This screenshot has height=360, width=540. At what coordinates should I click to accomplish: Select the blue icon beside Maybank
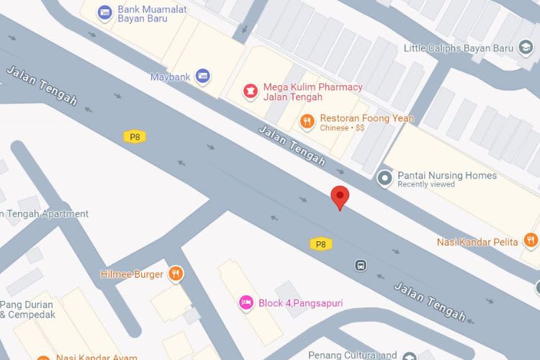tap(203, 76)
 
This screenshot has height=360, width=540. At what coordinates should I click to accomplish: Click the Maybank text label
tap(169, 76)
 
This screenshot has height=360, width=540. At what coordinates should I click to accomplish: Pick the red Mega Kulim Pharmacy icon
tap(251, 91)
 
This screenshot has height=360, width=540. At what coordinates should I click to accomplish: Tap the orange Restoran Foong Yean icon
tap(307, 122)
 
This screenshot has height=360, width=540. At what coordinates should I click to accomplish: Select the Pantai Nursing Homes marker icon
tap(385, 177)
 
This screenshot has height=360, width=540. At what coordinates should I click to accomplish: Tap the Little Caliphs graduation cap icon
tap(528, 48)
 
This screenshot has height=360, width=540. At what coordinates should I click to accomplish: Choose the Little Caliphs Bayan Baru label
tap(459, 48)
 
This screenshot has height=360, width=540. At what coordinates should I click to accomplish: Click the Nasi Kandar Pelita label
tap(477, 242)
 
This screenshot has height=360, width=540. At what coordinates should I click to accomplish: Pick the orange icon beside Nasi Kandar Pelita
tap(531, 240)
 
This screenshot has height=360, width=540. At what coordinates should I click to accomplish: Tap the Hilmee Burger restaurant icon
tap(176, 274)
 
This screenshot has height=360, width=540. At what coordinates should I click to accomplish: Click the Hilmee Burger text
tap(132, 274)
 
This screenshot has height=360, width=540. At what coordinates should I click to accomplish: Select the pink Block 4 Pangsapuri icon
tap(246, 302)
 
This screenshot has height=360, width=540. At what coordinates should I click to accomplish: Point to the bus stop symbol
tap(361, 265)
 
